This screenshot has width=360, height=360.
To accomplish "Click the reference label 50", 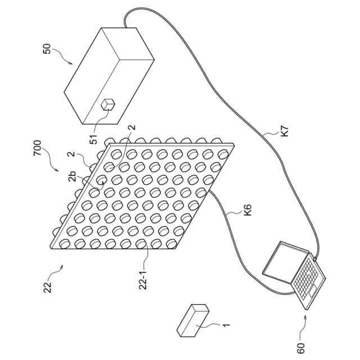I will pos(47,51).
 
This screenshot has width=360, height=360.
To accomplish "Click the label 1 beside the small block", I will pos(226,325).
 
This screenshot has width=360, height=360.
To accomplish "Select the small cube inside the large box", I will pos(107,104).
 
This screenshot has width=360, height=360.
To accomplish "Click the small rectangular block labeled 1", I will pos(193,321).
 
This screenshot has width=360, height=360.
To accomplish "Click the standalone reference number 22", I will pos(48,286).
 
